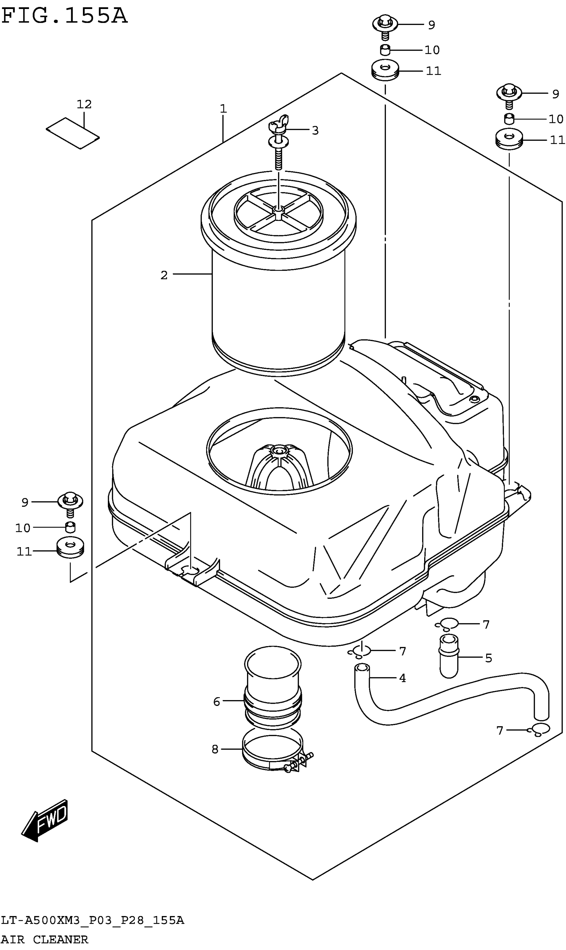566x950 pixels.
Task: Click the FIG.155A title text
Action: point(64,16)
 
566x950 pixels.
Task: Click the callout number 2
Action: point(164,275)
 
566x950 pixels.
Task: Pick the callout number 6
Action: point(217,701)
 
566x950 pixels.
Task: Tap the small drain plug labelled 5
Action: point(448,655)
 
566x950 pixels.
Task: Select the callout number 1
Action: point(223,109)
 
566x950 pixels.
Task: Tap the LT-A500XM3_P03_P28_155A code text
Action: point(93,920)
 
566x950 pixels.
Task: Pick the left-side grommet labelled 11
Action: point(70,548)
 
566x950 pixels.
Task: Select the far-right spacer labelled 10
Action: point(509,119)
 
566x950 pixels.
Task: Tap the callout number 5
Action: point(488,658)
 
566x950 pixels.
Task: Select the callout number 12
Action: point(84,104)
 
